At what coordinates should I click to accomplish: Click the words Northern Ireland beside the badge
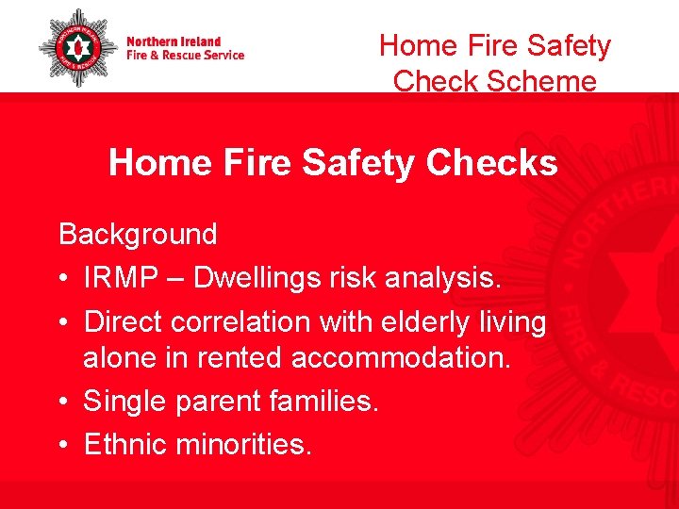point(174,41)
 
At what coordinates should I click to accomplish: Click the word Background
point(138,234)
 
